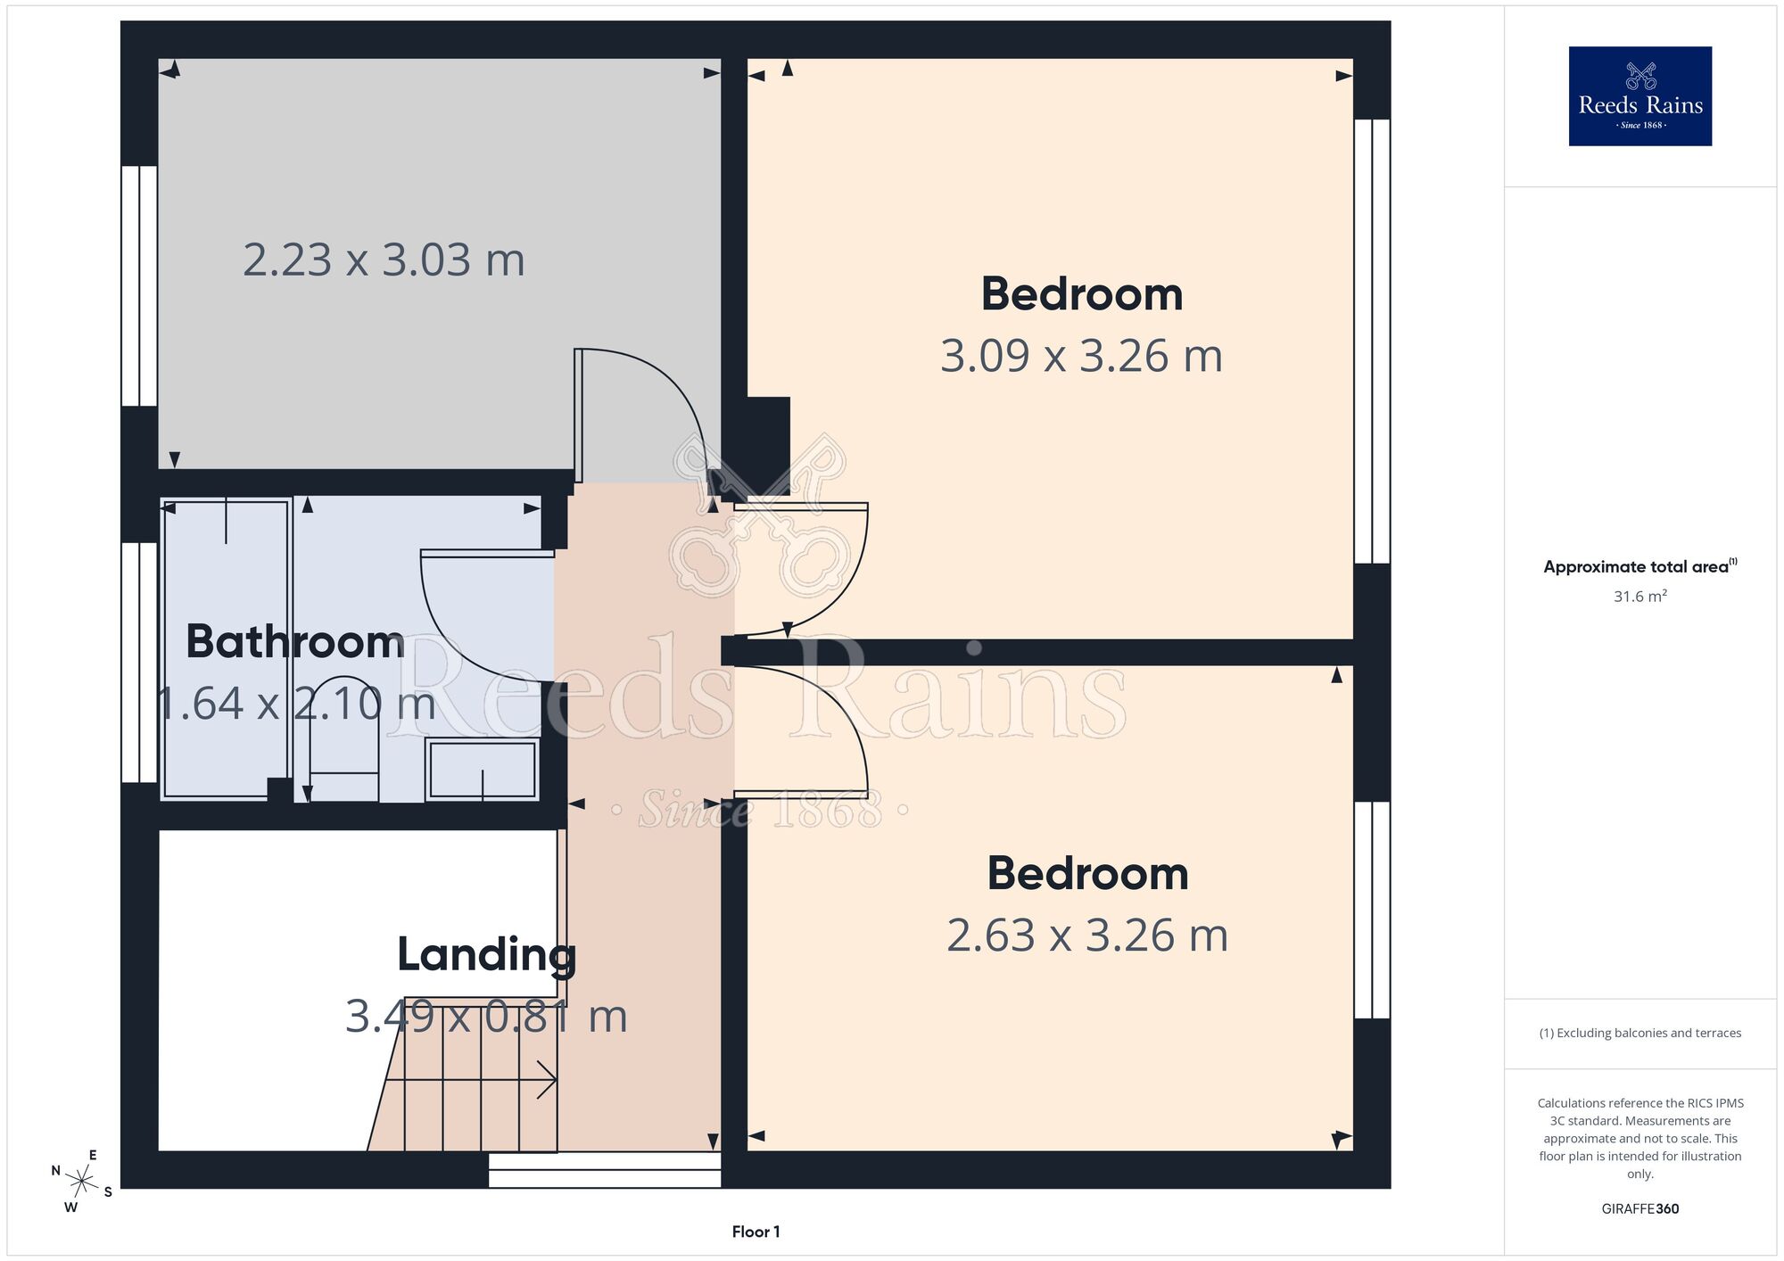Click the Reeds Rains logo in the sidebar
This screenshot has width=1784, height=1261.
1639,96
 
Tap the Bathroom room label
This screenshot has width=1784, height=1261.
295,642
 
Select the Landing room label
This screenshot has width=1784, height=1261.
486,955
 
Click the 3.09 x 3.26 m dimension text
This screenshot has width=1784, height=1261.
1081,356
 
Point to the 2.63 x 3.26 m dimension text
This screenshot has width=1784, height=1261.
1087,935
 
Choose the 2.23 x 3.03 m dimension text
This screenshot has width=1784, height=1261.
384,260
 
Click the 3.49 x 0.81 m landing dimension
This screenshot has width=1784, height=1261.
486,1017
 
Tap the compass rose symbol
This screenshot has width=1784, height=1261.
82,1183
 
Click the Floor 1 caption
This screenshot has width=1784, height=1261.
756,1232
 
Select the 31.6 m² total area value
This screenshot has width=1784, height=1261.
1639,596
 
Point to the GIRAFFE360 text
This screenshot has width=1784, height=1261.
1639,1209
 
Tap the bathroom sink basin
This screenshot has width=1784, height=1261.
482,769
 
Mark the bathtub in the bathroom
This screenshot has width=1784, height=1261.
227,649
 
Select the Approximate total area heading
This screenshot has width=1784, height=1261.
1639,566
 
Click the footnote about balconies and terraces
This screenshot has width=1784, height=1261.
1639,1033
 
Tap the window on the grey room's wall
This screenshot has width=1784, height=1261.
139,286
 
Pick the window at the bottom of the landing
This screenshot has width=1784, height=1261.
605,1169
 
